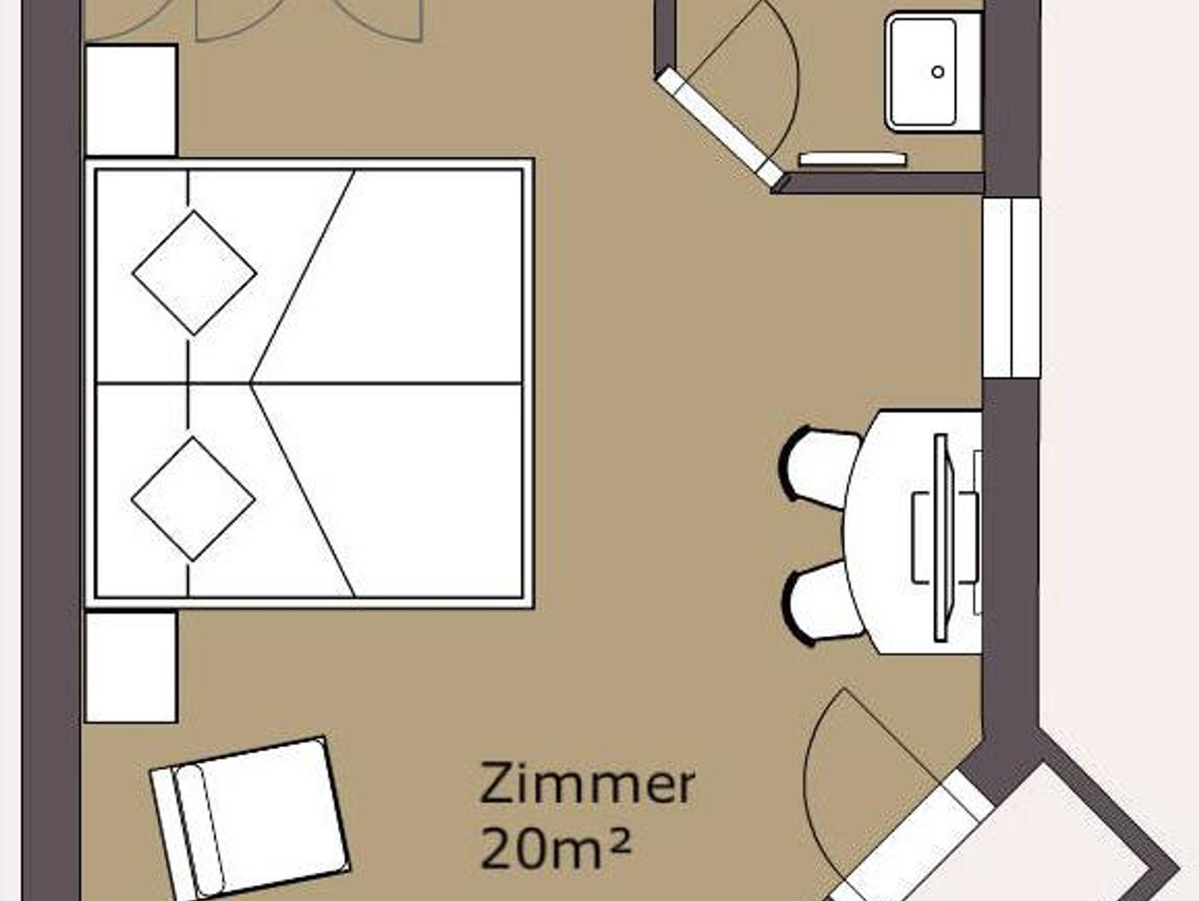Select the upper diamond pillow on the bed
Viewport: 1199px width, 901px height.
pyautogui.click(x=194, y=273)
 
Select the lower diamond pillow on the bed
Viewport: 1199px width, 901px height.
pyautogui.click(x=193, y=499)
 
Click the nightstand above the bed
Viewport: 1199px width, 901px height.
pyautogui.click(x=131, y=100)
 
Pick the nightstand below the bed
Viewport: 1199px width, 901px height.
pyautogui.click(x=131, y=667)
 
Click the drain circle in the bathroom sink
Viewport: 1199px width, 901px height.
pyautogui.click(x=938, y=72)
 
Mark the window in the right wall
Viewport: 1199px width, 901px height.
pyautogui.click(x=1012, y=288)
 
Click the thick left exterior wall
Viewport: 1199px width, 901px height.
pyautogui.click(x=51, y=450)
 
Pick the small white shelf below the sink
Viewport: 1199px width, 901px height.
pyautogui.click(x=853, y=159)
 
